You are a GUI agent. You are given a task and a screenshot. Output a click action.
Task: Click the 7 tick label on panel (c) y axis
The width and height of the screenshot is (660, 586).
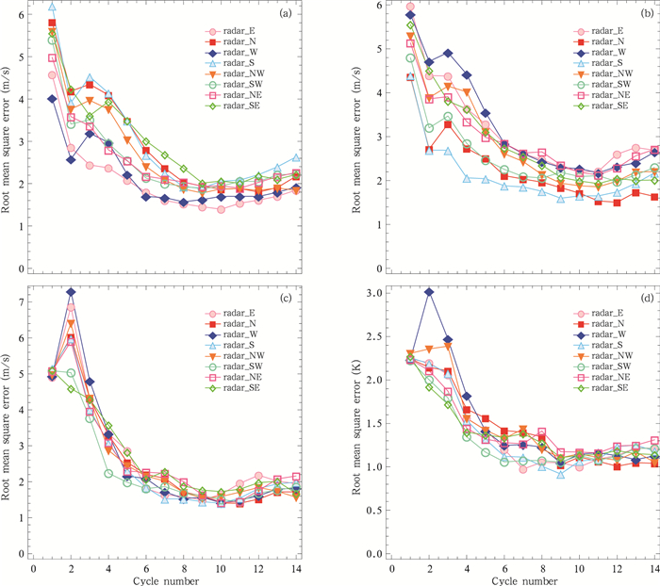tap(20, 301)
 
